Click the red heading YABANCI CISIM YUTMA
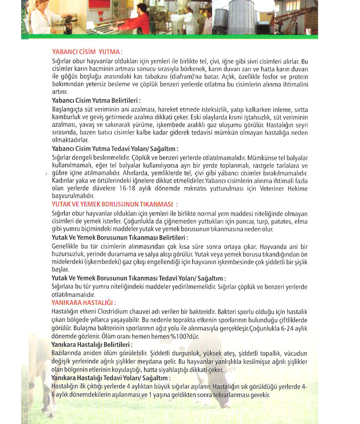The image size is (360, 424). point(86,52)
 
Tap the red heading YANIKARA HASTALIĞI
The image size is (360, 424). point(83,302)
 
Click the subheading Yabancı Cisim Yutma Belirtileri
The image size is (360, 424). point(96,101)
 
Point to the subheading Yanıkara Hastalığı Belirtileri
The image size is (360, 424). point(91,345)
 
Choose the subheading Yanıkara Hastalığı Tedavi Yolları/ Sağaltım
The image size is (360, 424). point(111,377)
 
